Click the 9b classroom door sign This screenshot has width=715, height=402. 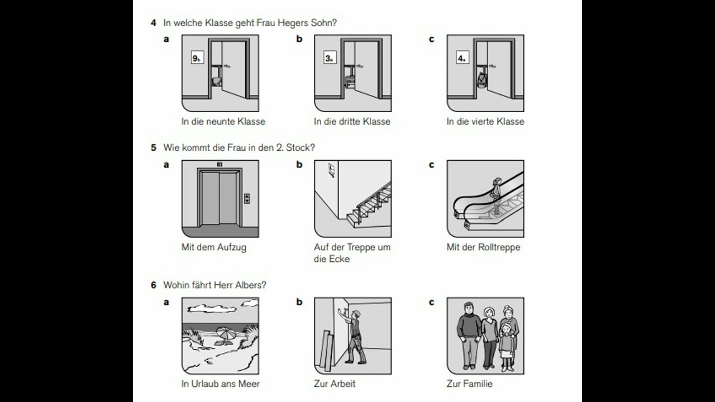(x=197, y=58)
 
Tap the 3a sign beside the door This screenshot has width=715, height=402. (x=330, y=58)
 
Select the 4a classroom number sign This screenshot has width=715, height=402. (x=463, y=58)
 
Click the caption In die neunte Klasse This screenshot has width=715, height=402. (x=223, y=122)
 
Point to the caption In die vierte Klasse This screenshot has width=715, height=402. (x=485, y=122)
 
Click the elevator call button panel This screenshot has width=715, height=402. (x=247, y=198)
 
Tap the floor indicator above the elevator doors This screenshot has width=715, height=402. (x=220, y=164)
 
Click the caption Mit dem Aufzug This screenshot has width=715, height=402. (x=214, y=247)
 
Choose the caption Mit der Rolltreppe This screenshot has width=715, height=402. (x=483, y=247)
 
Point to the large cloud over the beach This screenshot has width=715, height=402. (x=212, y=308)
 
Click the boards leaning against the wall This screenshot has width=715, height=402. (x=327, y=350)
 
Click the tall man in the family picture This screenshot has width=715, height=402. (x=469, y=335)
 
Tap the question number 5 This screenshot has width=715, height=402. (x=154, y=148)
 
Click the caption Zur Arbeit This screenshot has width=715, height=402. (x=335, y=384)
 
